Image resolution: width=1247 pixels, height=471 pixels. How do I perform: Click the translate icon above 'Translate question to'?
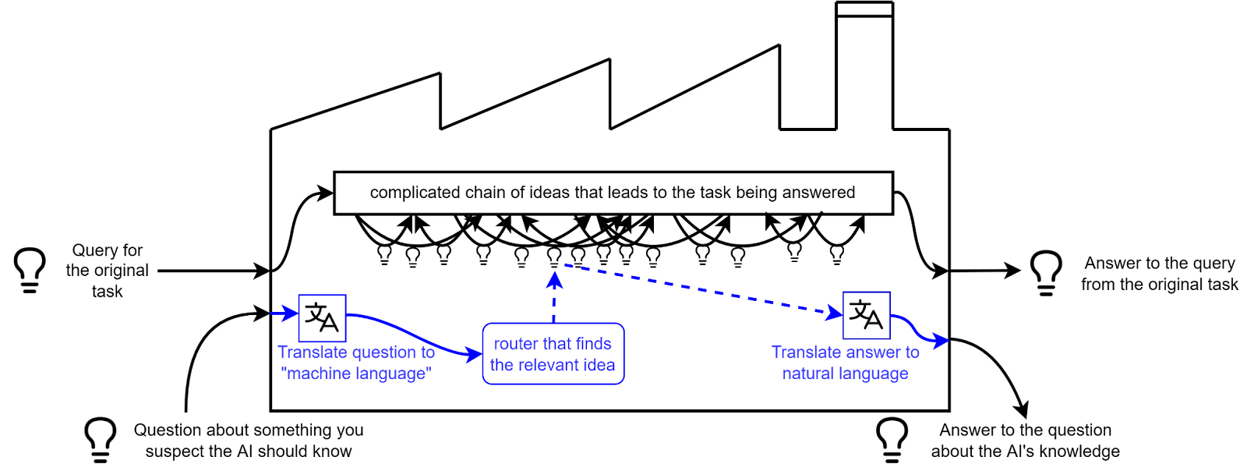click(322, 317)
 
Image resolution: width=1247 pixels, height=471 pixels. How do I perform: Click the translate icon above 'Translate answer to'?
click(866, 315)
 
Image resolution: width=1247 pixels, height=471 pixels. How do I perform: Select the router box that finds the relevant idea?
click(553, 354)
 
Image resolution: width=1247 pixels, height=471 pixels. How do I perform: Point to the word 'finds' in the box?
click(594, 344)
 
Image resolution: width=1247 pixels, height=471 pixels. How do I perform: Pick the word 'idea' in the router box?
click(599, 365)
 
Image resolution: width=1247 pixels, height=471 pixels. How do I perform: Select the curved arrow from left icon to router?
click(413, 332)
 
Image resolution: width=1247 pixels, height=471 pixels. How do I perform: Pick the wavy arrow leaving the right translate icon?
click(920, 332)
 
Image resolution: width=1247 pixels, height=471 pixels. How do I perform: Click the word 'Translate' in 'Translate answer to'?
click(804, 353)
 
